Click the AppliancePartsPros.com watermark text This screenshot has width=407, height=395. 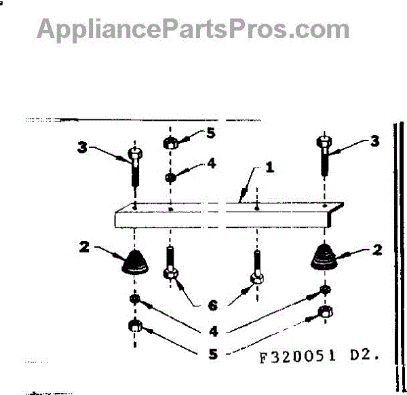coord(193,29)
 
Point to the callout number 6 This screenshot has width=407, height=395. coord(212,306)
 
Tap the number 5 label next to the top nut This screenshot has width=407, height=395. coord(211,133)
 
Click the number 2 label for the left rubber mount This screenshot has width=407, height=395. coord(85,248)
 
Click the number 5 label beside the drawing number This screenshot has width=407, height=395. coord(212,354)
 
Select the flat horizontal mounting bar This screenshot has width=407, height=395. coord(224,216)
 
